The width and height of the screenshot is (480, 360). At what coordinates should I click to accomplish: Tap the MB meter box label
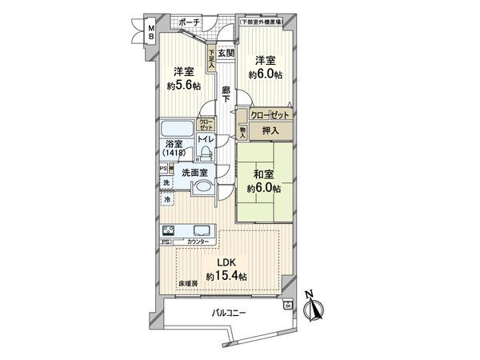[x=149, y=33]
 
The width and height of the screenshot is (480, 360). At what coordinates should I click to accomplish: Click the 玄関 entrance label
[x=226, y=53]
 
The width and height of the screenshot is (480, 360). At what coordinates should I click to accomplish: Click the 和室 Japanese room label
[x=265, y=174]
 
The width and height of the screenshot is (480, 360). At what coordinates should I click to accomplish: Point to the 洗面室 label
[x=196, y=172]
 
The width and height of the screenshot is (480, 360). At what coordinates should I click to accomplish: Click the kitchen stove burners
[x=170, y=230]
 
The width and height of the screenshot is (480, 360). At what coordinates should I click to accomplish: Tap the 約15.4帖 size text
[x=227, y=276]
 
